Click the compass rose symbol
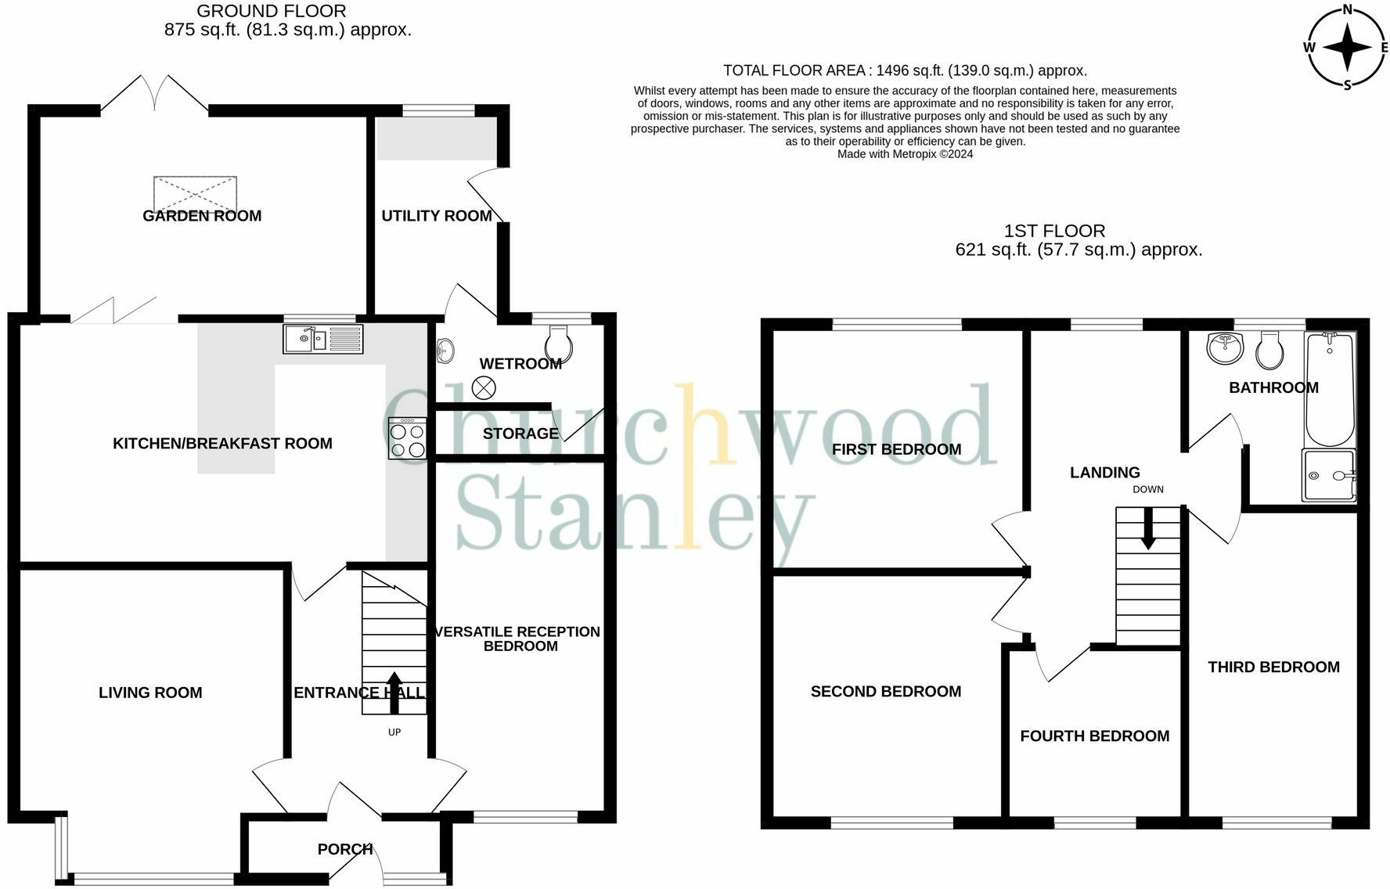(1347, 47)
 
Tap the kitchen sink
(322, 339)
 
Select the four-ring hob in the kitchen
(407, 438)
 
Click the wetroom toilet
(557, 345)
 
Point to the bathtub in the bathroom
(1329, 389)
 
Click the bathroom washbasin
(1224, 348)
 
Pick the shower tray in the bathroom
(1328, 475)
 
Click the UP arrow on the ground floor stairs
(394, 693)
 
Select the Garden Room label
(202, 216)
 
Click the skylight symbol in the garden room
(195, 193)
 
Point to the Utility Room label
(437, 216)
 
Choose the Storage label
(520, 434)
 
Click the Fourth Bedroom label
(1094, 736)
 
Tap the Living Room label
(150, 693)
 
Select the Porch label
(344, 849)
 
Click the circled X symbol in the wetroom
(484, 387)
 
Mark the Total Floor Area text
(905, 70)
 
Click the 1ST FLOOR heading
(1054, 231)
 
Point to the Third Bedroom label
(1273, 667)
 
